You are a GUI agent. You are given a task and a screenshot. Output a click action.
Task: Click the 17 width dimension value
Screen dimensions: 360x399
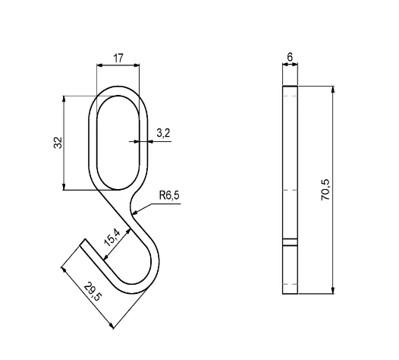pyautogui.click(x=118, y=58)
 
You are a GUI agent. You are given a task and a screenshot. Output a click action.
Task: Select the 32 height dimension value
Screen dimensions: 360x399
pyautogui.click(x=58, y=142)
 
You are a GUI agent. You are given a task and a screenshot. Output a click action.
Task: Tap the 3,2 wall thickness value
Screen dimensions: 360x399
pyautogui.click(x=162, y=133)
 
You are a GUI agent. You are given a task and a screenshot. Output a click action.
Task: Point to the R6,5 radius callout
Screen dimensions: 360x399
pyautogui.click(x=168, y=196)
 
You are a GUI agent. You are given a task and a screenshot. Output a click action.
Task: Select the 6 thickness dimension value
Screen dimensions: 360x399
pyautogui.click(x=290, y=57)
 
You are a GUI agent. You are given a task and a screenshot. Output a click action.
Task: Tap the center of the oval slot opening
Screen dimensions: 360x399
pyautogui.click(x=118, y=142)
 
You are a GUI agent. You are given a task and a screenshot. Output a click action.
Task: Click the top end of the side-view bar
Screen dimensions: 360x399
pyautogui.click(x=290, y=88)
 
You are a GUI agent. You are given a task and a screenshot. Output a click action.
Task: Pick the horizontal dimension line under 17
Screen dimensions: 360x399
pyautogui.click(x=118, y=66)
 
